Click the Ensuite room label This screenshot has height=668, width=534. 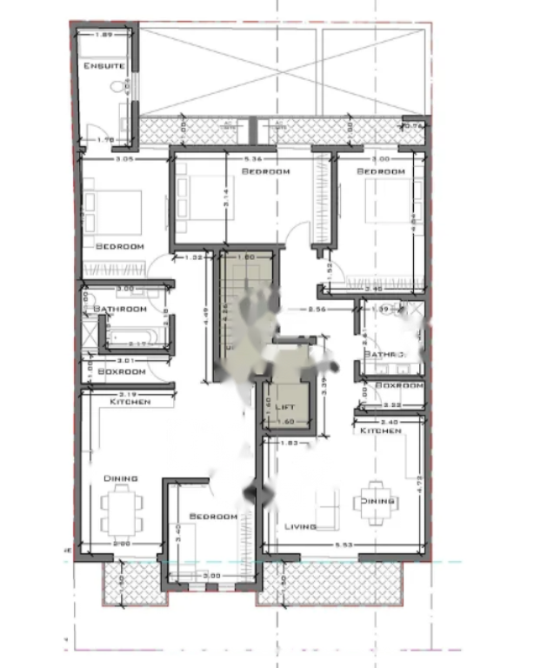pyautogui.click(x=103, y=66)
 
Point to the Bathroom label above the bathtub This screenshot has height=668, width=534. pyautogui.click(x=120, y=309)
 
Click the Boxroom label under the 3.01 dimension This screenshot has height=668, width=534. pyautogui.click(x=120, y=371)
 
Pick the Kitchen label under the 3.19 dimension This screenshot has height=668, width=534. pyautogui.click(x=130, y=402)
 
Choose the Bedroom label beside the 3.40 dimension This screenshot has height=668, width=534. pyautogui.click(x=213, y=517)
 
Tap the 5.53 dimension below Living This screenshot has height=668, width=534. pyautogui.click(x=344, y=544)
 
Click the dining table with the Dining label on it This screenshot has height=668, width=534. pyautogui.click(x=377, y=502)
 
